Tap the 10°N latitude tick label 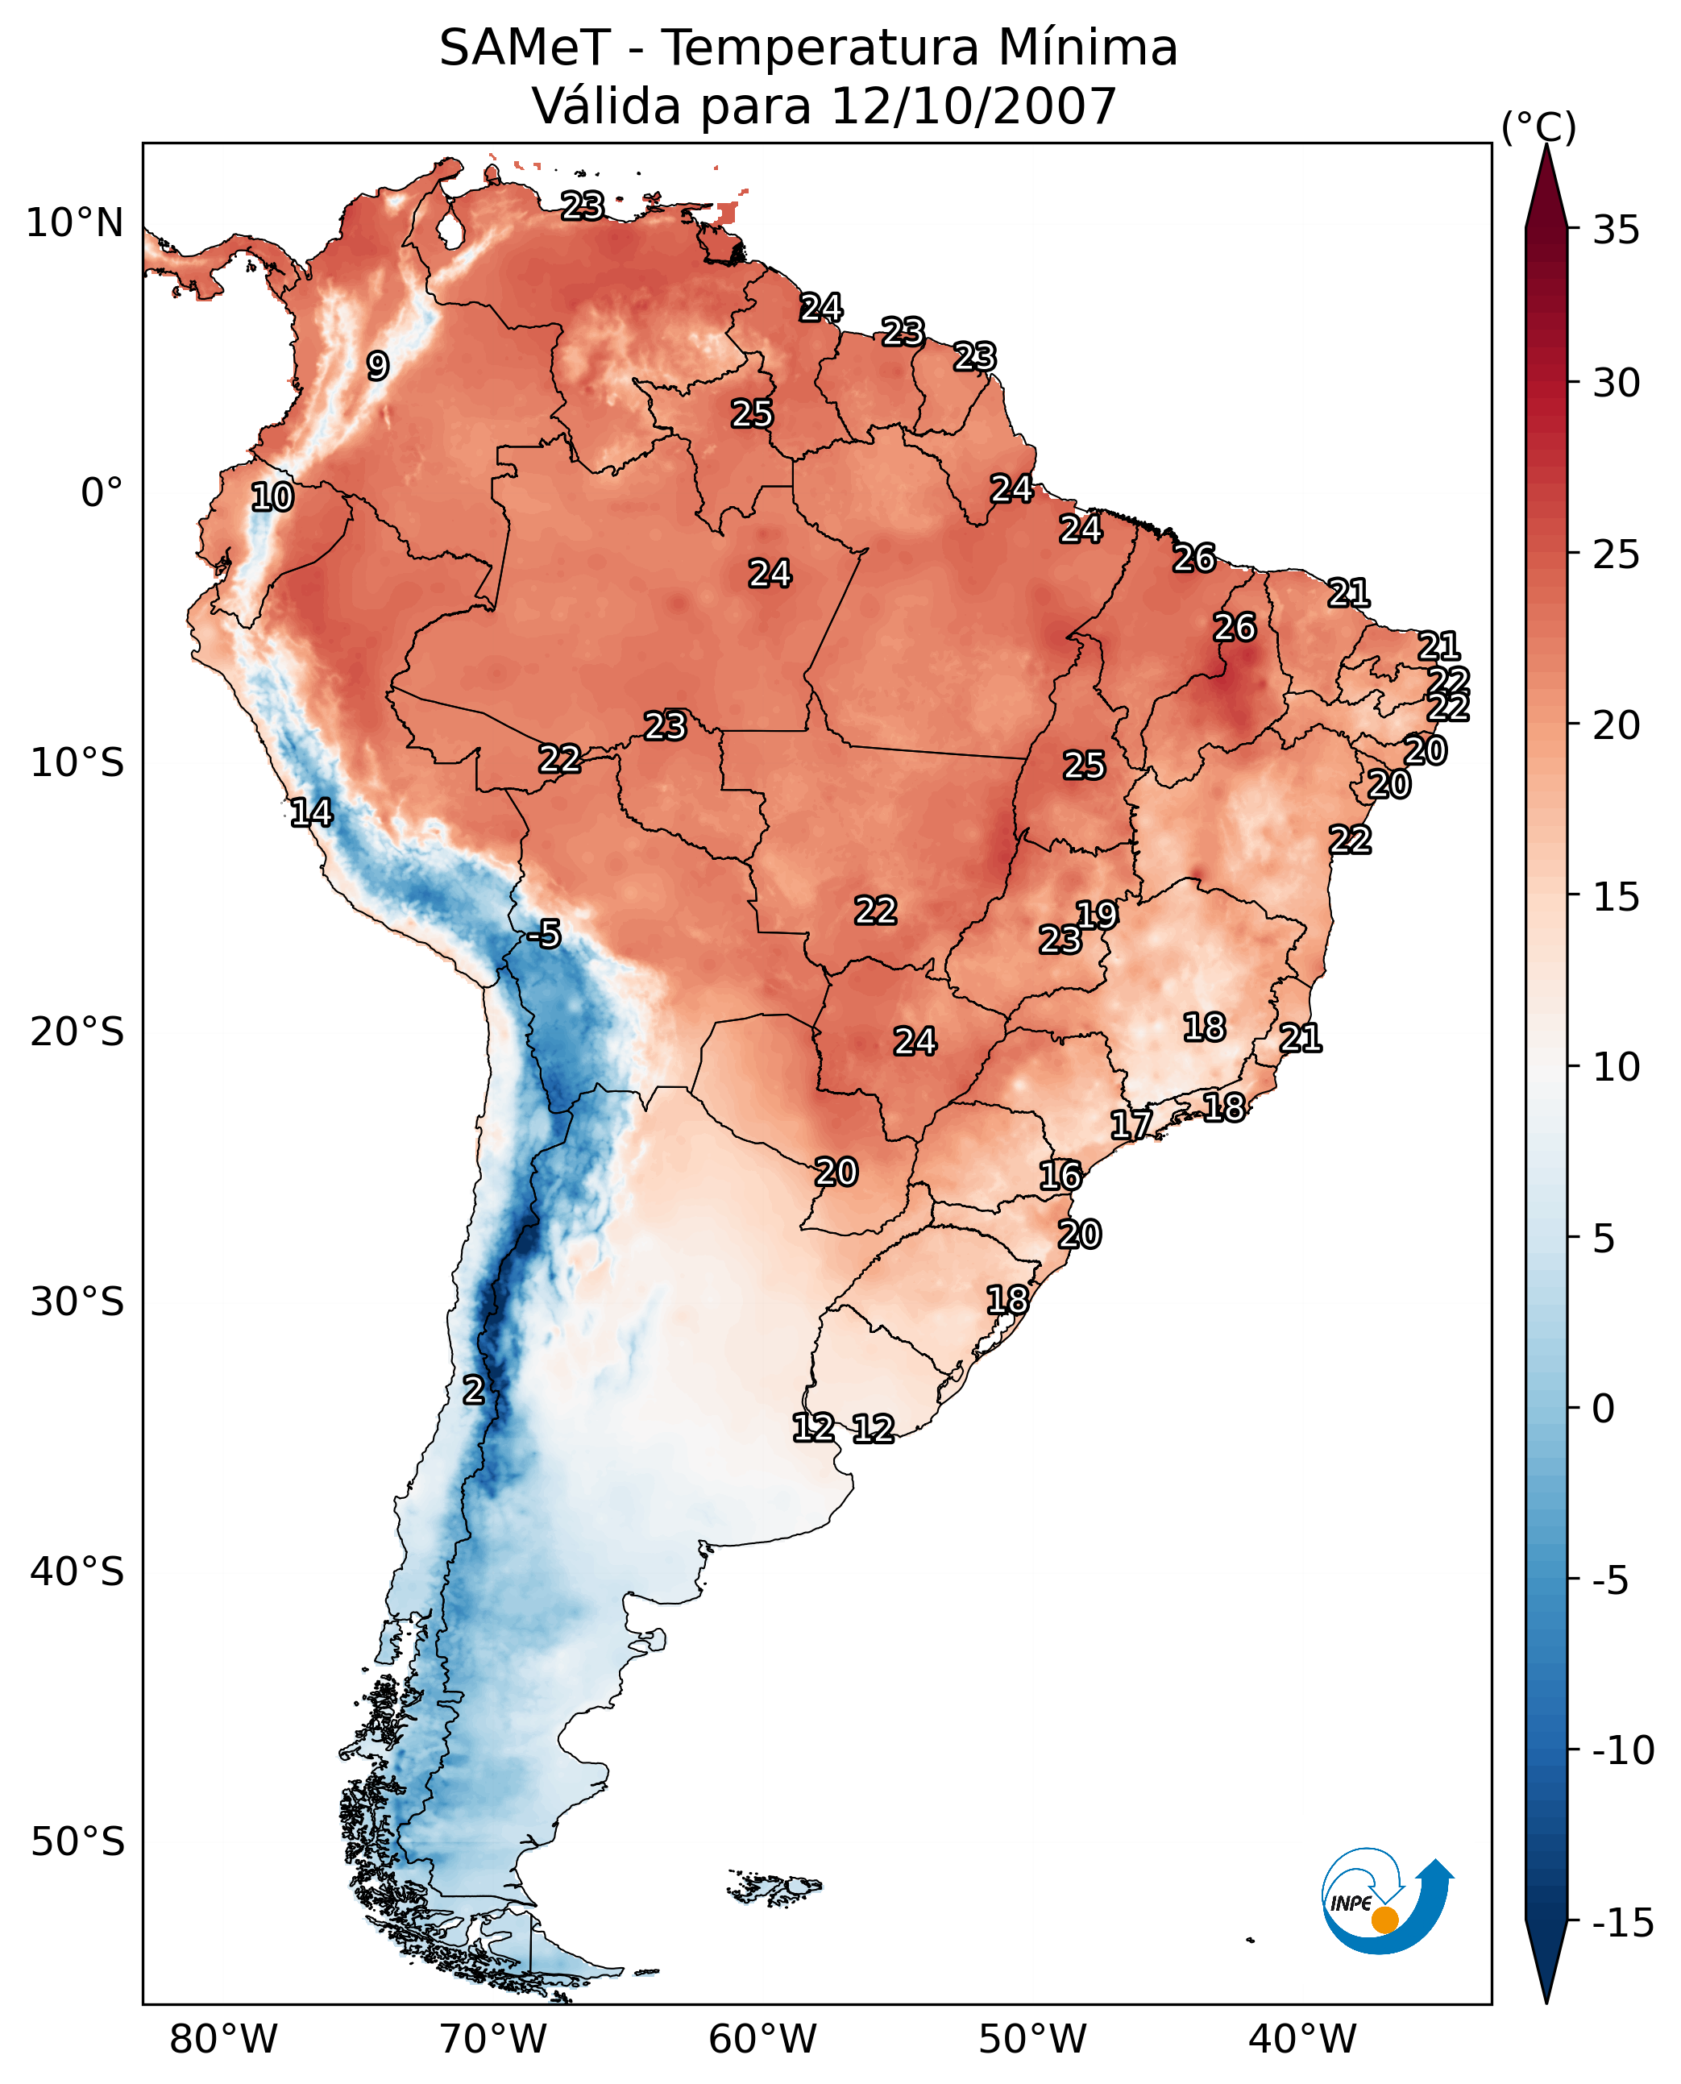pyautogui.click(x=75, y=224)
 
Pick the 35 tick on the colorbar pyautogui.click(x=1616, y=230)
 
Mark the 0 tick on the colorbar pyautogui.click(x=1604, y=1409)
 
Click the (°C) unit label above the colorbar pyautogui.click(x=1538, y=127)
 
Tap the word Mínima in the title pyautogui.click(x=1087, y=48)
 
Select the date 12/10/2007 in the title pyautogui.click(x=974, y=106)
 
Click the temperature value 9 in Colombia pyautogui.click(x=378, y=366)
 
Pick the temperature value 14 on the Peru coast pyautogui.click(x=311, y=812)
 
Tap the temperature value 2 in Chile pyautogui.click(x=472, y=1389)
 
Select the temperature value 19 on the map pyautogui.click(x=1097, y=914)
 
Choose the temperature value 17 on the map pyautogui.click(x=1130, y=1124)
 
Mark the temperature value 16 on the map pyautogui.click(x=1060, y=1176)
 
